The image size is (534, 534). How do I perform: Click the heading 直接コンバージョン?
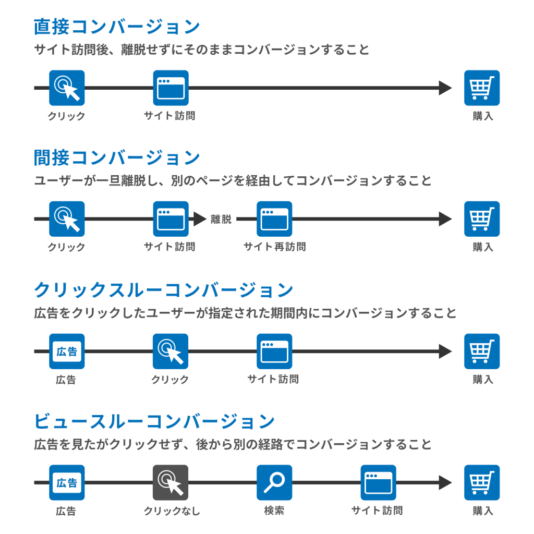[117, 27]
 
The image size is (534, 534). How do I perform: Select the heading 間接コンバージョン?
[117, 157]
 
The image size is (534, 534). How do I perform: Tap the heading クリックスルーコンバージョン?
[163, 290]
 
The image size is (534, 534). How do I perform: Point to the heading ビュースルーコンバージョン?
[154, 421]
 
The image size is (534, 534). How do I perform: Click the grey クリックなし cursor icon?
[171, 482]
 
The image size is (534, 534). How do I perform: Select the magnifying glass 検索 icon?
[274, 482]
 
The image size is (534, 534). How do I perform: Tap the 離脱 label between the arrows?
[221, 219]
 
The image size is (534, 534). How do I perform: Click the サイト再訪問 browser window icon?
[274, 219]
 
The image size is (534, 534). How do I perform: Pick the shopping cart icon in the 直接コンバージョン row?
[482, 88]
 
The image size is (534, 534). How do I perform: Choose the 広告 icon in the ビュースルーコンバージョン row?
[67, 482]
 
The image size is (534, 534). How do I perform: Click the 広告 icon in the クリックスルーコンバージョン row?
[67, 351]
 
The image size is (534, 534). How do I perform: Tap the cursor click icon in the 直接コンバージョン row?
[67, 88]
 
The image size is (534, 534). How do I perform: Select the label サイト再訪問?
[275, 247]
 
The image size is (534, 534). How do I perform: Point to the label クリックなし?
[172, 511]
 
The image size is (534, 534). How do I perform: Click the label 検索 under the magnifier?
[274, 511]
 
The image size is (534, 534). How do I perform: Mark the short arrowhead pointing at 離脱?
[200, 219]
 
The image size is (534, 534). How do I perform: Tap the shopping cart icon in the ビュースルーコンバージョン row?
[482, 482]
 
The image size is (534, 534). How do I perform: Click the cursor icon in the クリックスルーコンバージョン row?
[171, 351]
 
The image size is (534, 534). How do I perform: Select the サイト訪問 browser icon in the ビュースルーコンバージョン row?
[379, 482]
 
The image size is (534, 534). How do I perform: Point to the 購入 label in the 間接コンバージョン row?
[483, 247]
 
